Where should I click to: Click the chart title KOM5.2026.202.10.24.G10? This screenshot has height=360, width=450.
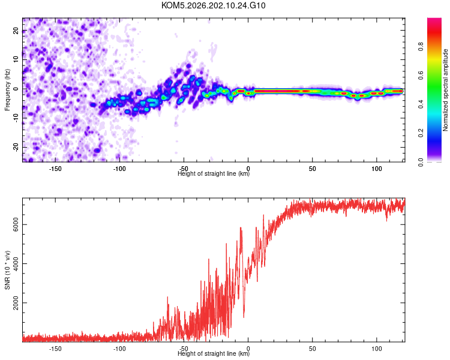tap(213, 5)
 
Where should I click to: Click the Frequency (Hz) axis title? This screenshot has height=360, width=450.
tap(7, 90)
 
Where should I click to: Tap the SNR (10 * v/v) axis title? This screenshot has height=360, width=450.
tap(7, 270)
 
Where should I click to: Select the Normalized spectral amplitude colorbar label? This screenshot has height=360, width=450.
tap(445, 90)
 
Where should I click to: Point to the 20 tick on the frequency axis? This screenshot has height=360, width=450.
tap(16, 31)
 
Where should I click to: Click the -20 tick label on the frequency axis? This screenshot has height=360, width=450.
tap(16, 148)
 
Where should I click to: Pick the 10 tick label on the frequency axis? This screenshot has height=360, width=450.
tap(16, 59)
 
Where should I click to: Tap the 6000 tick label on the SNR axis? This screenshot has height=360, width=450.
tap(16, 224)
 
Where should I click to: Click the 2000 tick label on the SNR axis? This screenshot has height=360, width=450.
tap(16, 302)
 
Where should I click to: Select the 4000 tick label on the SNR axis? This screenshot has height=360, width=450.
tap(16, 263)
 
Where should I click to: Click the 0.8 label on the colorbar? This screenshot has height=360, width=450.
tap(421, 47)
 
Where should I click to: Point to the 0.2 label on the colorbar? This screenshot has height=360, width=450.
tap(421, 133)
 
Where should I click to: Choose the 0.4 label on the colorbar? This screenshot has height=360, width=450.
tap(421, 104)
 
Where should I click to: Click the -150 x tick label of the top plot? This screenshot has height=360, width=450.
tap(55, 169)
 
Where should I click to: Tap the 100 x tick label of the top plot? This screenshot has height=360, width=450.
tap(377, 169)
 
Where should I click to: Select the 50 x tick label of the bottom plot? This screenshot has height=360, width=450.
tap(312, 349)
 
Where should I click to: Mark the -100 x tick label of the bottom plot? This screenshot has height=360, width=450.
tap(119, 349)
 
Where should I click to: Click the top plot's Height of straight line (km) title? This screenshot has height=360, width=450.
tap(214, 173)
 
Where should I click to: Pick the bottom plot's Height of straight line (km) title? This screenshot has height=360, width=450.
tap(214, 353)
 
